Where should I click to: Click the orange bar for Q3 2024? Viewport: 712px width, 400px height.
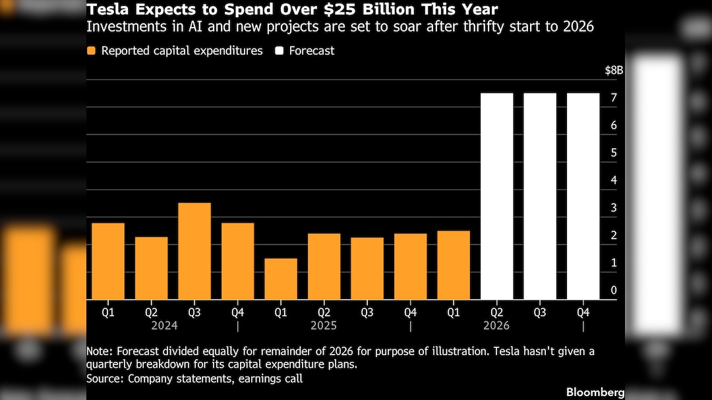(194, 251)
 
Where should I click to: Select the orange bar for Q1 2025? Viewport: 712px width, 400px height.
(281, 279)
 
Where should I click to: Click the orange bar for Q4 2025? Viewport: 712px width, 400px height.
(410, 266)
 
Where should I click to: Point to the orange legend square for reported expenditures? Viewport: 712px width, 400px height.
(92, 51)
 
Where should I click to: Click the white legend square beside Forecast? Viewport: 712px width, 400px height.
(280, 51)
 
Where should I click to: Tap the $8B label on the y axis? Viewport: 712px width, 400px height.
(614, 71)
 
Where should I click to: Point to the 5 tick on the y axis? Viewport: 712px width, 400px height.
(614, 153)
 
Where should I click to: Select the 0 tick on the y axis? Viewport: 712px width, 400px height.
(614, 291)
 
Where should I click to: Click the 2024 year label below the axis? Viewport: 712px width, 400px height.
(164, 326)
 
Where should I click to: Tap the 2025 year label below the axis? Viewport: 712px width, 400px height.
(324, 326)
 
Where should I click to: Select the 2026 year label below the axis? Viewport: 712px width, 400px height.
(496, 326)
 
